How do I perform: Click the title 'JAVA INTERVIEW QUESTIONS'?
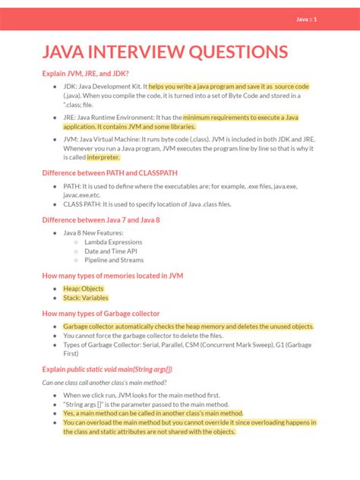(x=165, y=52)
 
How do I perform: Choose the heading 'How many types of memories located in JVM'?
(x=112, y=276)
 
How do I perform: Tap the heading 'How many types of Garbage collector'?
(x=100, y=313)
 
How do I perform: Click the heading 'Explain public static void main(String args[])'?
(x=107, y=369)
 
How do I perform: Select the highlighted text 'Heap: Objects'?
(x=84, y=289)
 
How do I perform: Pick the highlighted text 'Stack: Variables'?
(x=86, y=298)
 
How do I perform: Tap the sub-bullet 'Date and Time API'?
(x=111, y=251)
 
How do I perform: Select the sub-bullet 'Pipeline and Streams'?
(x=115, y=260)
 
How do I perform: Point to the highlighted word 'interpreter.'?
(x=103, y=157)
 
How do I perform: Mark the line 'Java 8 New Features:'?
(x=94, y=233)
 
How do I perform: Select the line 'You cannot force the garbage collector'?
(x=143, y=335)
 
